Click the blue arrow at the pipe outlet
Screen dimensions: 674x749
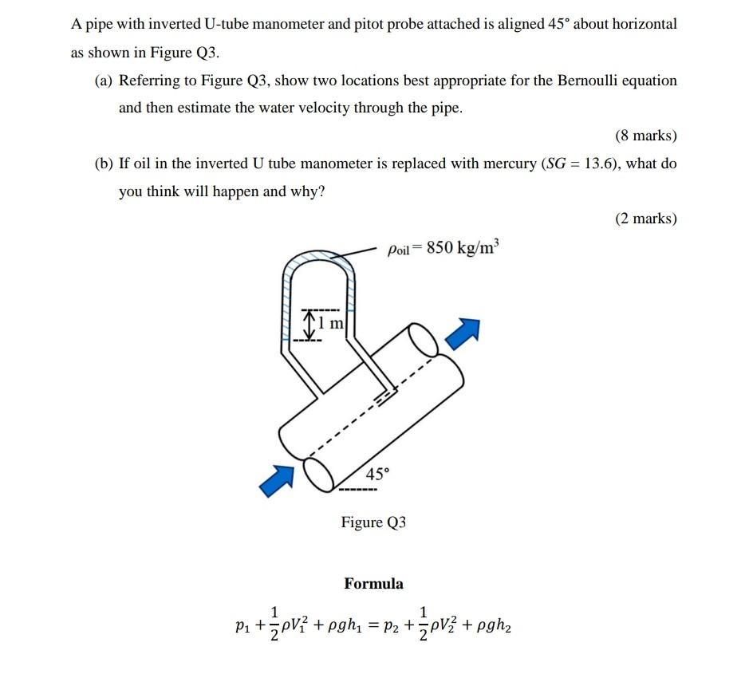464,333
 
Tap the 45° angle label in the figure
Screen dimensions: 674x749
377,474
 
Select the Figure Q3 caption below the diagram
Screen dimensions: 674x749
373,522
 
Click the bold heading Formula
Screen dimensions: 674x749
373,584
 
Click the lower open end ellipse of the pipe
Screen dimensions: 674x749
323,476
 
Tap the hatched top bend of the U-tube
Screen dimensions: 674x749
317,257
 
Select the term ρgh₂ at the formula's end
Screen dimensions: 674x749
491,627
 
